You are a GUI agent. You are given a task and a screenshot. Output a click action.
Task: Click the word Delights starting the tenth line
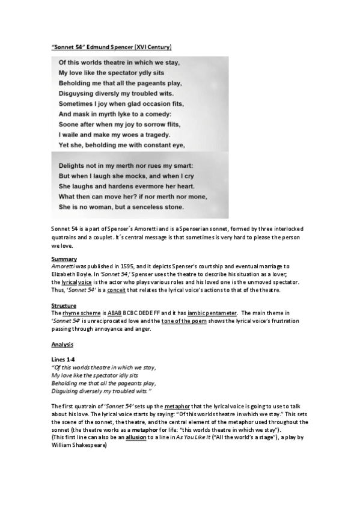76,165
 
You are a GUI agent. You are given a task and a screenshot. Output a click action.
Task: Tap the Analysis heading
63,345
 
